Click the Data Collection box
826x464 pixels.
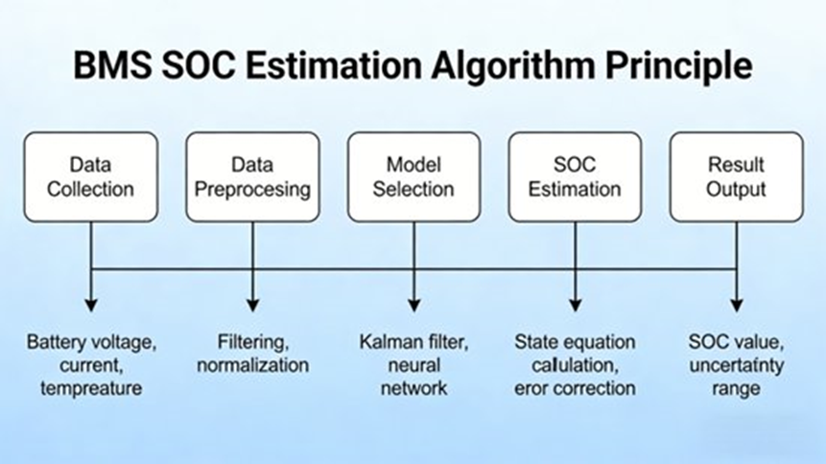[x=90, y=176]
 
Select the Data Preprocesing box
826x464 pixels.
[x=252, y=176]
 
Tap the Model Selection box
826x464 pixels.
[x=413, y=176]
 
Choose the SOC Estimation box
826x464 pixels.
[x=574, y=176]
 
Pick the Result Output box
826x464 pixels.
[x=736, y=176]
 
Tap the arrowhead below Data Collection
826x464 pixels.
[x=91, y=304]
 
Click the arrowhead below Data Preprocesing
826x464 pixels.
[x=252, y=304]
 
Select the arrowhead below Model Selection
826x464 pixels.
[x=413, y=304]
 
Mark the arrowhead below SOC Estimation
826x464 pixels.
[x=575, y=304]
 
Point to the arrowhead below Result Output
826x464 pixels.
[x=736, y=304]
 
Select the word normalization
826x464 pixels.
[x=252, y=365]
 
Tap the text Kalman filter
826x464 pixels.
[x=413, y=342]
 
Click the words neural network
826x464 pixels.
[x=413, y=377]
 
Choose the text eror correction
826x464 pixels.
[x=575, y=388]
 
